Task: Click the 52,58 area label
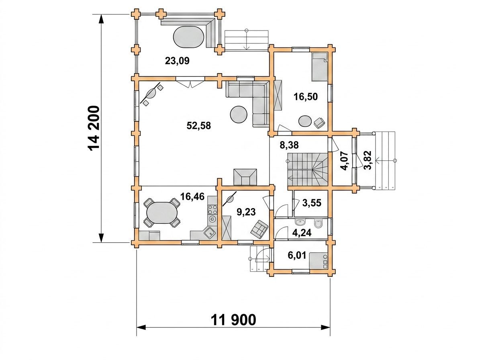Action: point(198,126)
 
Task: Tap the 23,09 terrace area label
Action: point(177,61)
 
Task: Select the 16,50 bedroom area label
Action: point(306,97)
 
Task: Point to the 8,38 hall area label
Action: point(289,145)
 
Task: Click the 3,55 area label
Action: point(312,203)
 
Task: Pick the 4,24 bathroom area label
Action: point(302,233)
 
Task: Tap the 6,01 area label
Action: point(297,256)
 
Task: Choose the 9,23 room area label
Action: point(246,212)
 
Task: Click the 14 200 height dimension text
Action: point(94,129)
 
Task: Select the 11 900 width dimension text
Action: point(233,320)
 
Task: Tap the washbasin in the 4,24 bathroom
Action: point(300,222)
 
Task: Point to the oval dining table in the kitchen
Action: point(162,213)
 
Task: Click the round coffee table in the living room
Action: point(239,115)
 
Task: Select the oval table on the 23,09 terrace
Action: point(188,37)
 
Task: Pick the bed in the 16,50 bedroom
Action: point(319,67)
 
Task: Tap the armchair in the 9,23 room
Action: point(259,229)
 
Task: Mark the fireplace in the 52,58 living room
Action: point(245,177)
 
